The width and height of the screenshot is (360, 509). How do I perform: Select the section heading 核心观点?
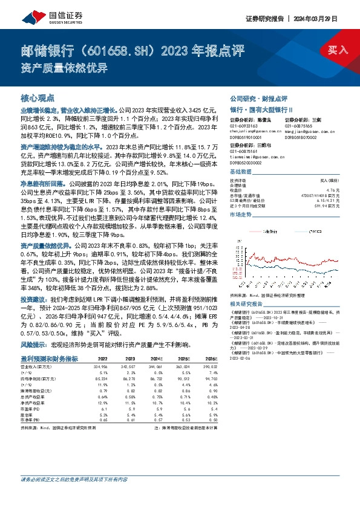[x=37, y=97]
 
